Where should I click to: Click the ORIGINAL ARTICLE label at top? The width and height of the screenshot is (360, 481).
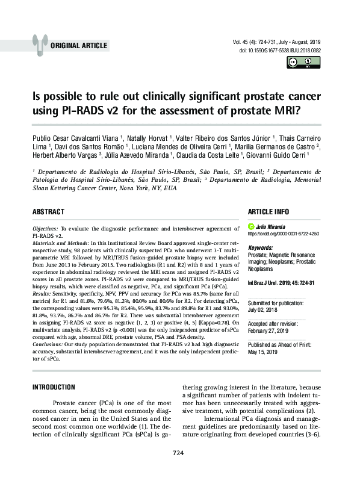[x=79, y=45]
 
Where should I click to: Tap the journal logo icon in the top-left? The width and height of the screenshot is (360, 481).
[x=40, y=43]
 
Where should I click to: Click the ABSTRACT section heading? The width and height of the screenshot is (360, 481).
[x=49, y=212]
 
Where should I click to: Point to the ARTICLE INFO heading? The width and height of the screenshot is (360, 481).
[x=268, y=212]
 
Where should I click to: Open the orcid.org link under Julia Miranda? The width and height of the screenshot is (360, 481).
[x=283, y=234]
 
